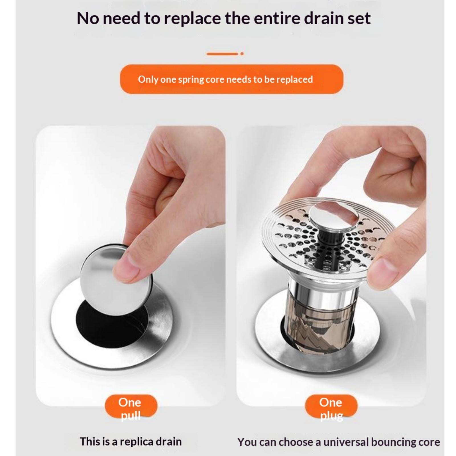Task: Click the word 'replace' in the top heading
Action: [x=192, y=19]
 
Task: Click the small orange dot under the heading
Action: [x=242, y=54]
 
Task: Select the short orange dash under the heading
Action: [x=222, y=54]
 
